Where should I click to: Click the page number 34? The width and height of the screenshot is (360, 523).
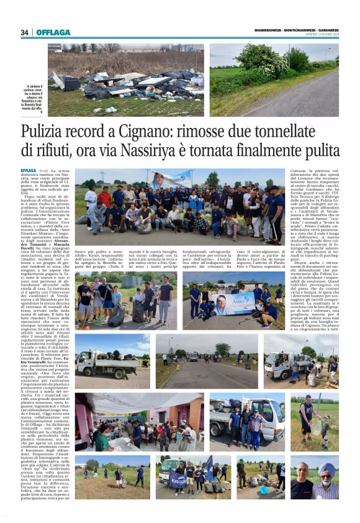tap(24, 32)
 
